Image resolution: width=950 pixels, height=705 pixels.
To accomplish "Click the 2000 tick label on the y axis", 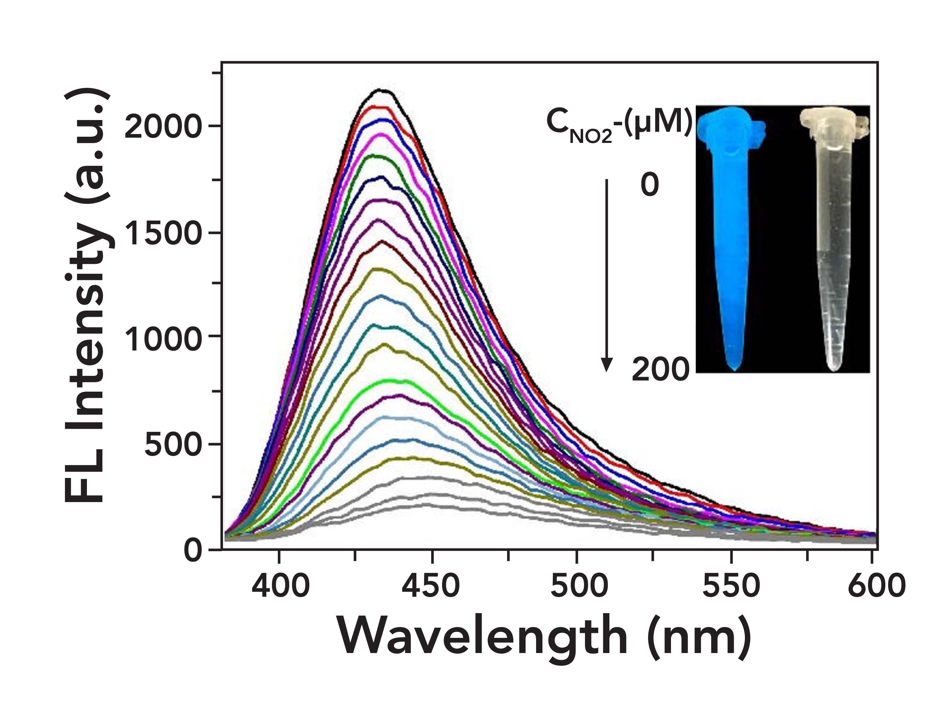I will tap(162, 127).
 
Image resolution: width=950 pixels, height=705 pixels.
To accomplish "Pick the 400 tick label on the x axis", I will tap(280, 586).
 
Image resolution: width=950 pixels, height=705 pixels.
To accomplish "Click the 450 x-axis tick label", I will tap(431, 586).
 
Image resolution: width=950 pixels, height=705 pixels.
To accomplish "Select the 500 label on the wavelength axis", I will tap(578, 586).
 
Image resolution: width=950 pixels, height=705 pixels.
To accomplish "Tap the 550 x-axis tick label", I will tap(731, 586).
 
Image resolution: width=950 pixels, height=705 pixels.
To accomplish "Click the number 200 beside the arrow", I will tap(660, 370).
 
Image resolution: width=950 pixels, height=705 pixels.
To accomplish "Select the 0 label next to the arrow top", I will tap(650, 186).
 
